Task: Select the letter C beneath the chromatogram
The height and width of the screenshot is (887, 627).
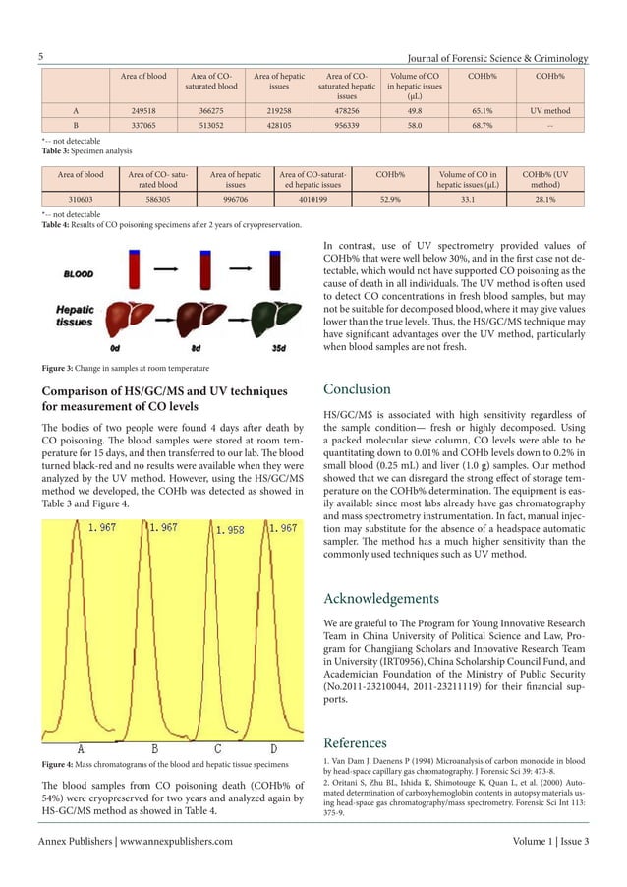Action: (218, 750)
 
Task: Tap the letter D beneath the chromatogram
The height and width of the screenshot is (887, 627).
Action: (273, 750)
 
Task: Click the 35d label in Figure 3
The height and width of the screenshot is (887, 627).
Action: (279, 347)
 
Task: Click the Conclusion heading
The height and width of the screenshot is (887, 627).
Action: (357, 389)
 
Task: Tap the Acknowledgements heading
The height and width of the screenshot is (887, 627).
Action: (380, 598)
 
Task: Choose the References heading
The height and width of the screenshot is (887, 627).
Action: (355, 742)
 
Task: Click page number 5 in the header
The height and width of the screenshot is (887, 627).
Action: (41, 57)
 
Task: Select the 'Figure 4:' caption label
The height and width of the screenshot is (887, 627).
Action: (60, 763)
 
